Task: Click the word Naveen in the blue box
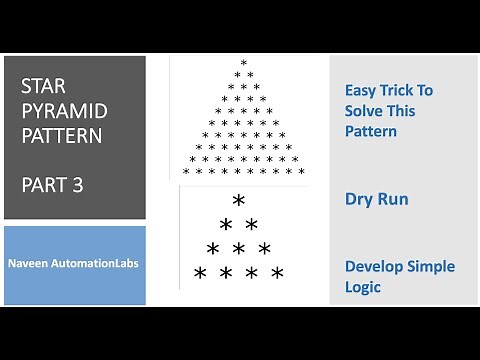pyautogui.click(x=39, y=266)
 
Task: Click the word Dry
pyautogui.click(x=359, y=199)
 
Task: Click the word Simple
pyautogui.click(x=432, y=267)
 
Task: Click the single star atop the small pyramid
pyautogui.click(x=239, y=201)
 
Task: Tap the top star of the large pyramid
pyautogui.click(x=243, y=63)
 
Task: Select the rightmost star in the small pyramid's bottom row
pyautogui.click(x=277, y=273)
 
